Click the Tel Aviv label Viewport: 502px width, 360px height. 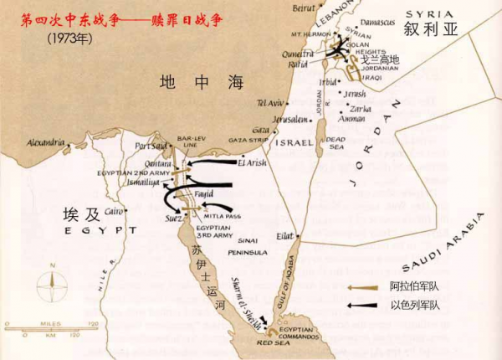pos(269,103)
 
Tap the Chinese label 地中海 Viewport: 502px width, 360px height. pos(202,82)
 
